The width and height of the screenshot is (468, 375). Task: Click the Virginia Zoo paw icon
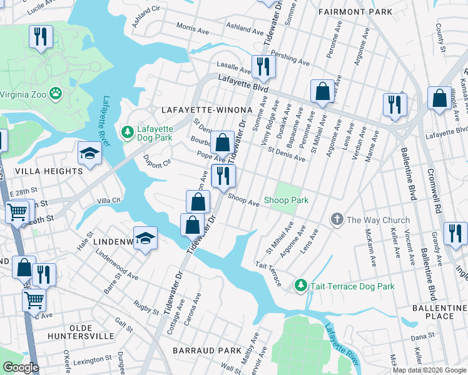(57, 93)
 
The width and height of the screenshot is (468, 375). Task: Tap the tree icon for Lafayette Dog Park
(128, 131)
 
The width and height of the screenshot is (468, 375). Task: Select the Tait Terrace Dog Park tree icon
(301, 286)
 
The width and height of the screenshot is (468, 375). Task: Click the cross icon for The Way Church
(337, 219)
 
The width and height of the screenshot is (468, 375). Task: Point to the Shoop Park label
(286, 200)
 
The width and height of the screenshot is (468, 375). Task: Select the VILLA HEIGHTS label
(49, 171)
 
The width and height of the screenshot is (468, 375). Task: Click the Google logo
(21, 367)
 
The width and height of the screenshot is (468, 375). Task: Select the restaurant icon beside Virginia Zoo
(41, 36)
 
